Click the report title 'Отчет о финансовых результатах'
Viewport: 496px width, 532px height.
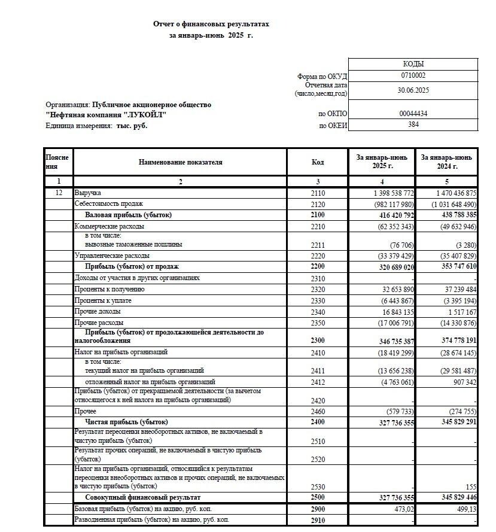[211, 25]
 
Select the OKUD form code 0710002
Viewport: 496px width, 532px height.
[413, 76]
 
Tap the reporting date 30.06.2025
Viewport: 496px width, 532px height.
[413, 90]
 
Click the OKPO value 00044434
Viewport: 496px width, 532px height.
[413, 114]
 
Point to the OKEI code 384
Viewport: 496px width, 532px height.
[413, 125]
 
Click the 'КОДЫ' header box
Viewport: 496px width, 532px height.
[413, 64]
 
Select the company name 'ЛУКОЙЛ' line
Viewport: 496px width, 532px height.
[106, 115]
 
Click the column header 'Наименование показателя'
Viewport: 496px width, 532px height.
[180, 162]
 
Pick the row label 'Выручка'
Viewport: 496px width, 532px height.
[88, 193]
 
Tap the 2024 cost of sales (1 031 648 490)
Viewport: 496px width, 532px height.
[448, 204]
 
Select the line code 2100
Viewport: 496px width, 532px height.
[318, 215]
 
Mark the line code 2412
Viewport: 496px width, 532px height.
[318, 382]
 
